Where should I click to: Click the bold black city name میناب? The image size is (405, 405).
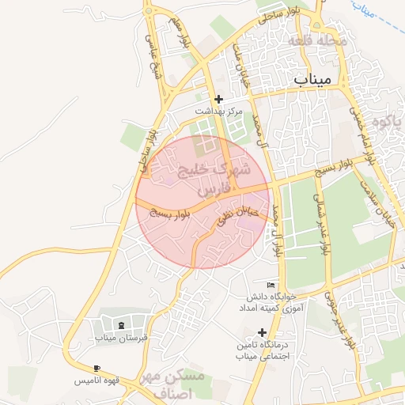pos(315,79)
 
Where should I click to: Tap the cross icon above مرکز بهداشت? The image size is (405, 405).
pos(219,100)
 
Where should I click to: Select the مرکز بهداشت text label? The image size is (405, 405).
pos(219,112)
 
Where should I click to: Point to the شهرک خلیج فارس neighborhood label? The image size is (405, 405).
pos(214,180)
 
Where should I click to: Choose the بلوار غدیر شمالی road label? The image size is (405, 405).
pos(320,224)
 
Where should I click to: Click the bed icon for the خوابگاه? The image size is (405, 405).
pos(271,285)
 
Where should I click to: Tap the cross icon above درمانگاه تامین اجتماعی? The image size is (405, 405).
pos(263,332)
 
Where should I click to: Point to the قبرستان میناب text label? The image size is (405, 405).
pos(122,338)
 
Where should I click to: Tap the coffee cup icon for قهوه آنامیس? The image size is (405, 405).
pos(97,369)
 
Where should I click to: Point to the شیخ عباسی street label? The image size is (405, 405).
pos(153,55)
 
